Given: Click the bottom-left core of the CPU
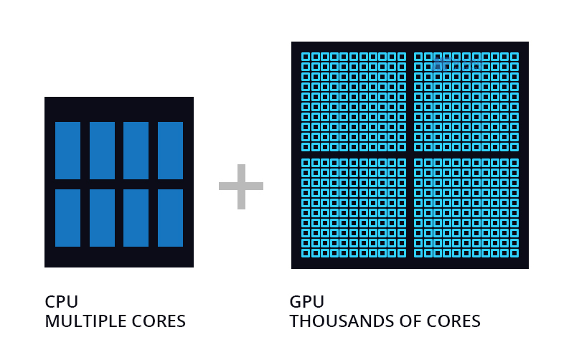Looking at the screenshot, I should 67,218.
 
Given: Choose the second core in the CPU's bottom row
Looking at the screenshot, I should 102,218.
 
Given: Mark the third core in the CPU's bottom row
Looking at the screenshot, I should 136,218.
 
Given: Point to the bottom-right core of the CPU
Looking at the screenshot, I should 171,218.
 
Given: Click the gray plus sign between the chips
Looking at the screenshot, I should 241,186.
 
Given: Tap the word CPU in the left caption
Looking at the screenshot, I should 61,301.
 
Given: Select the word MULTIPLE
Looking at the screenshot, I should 85,321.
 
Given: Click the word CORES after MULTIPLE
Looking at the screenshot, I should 159,321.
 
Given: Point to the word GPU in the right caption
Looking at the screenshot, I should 306,301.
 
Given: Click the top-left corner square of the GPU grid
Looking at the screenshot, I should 305,57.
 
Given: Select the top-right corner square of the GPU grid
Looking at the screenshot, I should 514,57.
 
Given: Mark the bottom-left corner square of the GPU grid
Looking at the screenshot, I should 305,253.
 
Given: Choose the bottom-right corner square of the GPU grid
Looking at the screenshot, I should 514,253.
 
